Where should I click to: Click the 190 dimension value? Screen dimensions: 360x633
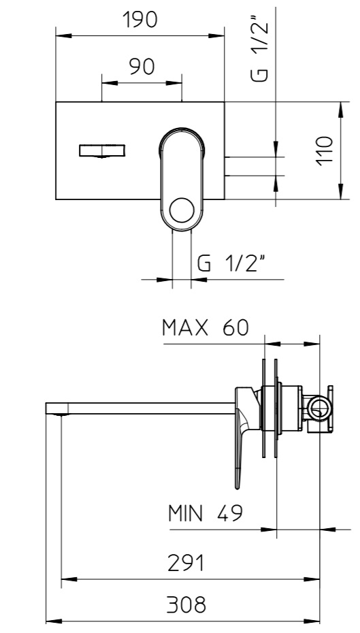140,19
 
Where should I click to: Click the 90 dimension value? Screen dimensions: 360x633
142,67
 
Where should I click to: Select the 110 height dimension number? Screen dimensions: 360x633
325,150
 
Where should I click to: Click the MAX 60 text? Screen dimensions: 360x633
206,328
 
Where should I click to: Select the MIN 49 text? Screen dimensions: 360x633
206,513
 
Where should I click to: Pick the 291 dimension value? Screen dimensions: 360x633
186,564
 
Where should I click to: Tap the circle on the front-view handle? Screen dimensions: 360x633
182,210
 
